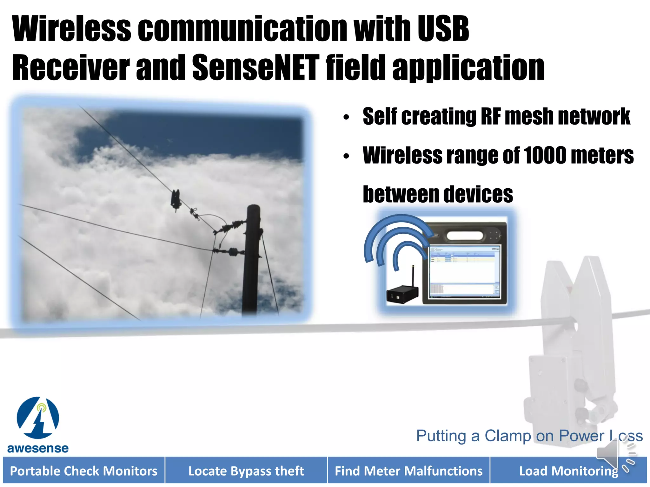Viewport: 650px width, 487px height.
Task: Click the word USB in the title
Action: [x=443, y=29]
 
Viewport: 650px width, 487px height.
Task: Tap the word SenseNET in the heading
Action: [x=255, y=68]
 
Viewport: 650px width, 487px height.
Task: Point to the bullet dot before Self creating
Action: [x=346, y=117]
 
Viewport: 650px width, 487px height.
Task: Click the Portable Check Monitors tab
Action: [x=84, y=471]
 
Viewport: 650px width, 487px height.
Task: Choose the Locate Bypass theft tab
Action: [x=246, y=471]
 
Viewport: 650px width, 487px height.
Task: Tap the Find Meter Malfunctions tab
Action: [x=409, y=471]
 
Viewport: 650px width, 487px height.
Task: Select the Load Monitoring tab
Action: [x=568, y=471]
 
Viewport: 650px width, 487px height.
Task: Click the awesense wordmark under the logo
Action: [x=38, y=448]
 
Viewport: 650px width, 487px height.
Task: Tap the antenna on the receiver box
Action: [x=413, y=275]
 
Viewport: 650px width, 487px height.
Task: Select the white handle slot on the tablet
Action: [x=465, y=236]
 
